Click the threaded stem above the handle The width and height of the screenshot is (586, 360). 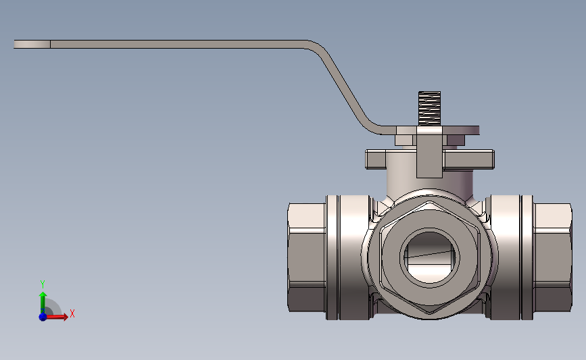[429, 108]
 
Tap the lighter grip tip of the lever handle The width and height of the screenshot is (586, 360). [32, 44]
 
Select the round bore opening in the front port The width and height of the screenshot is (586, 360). [430, 257]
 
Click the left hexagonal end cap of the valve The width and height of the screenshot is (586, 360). [307, 257]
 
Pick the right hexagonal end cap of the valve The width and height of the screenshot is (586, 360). [552, 257]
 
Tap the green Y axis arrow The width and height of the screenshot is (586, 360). [43, 303]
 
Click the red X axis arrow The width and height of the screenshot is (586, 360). [56, 317]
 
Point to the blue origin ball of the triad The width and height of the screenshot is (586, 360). [43, 317]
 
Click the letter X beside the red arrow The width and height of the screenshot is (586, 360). [72, 313]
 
